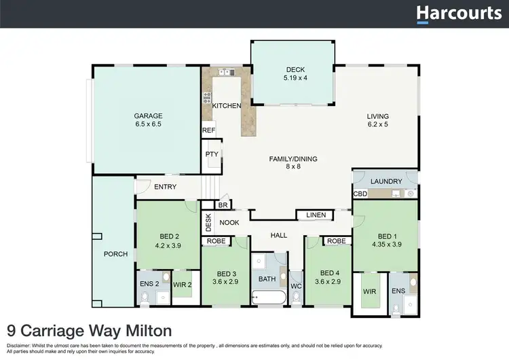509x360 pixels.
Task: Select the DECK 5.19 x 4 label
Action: [x=295, y=73]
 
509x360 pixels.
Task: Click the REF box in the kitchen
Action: [x=208, y=130]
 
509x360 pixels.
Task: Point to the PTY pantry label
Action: [x=212, y=154]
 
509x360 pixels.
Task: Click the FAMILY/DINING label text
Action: [x=293, y=159]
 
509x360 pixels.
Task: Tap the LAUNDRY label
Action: [x=386, y=181]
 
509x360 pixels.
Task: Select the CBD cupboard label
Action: [x=360, y=194]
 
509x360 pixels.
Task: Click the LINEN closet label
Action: [x=316, y=215]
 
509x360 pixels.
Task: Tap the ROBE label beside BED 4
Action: [x=335, y=241]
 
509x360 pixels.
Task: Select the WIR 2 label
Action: [x=181, y=284]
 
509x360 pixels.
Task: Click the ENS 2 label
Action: [x=149, y=284]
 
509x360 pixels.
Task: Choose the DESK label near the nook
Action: [x=208, y=221]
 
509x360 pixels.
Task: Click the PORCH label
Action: [x=115, y=254]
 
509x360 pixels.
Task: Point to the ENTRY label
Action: [x=165, y=187]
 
